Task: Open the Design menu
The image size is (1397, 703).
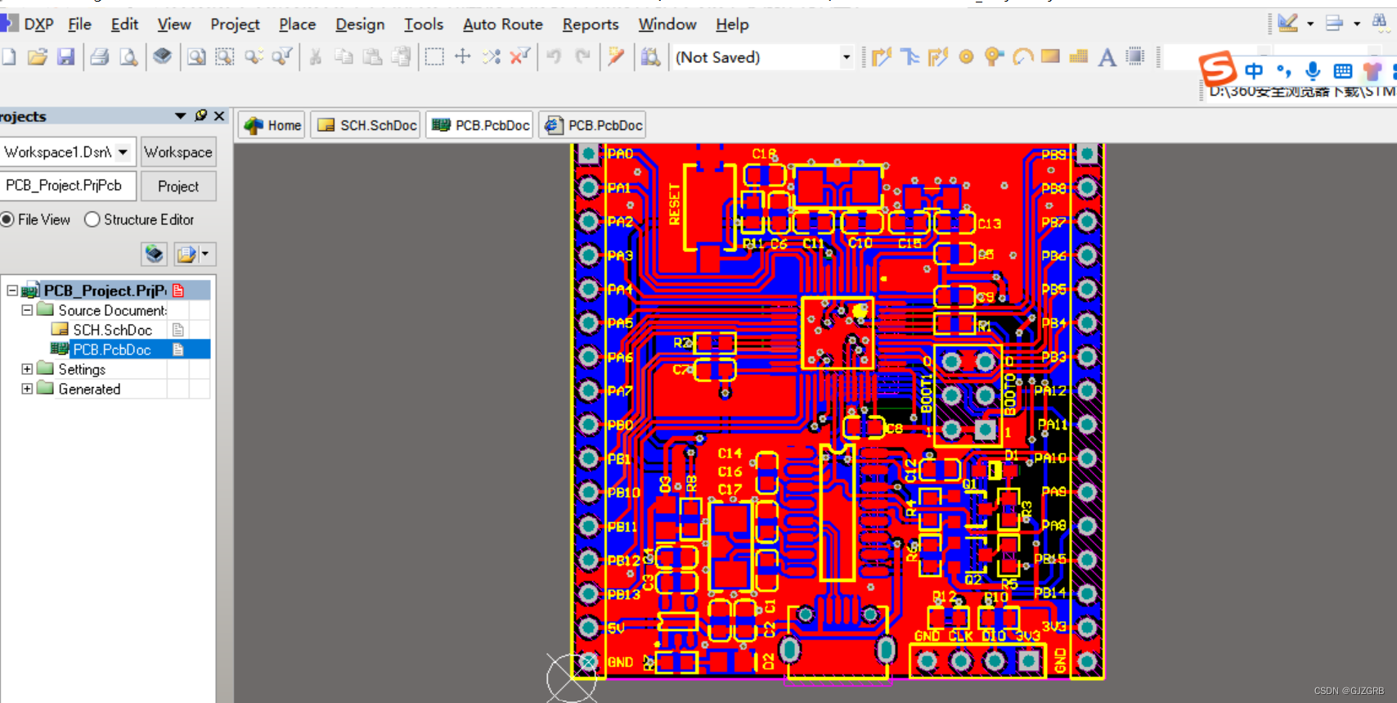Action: click(x=360, y=25)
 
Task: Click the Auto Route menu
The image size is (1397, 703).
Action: click(x=502, y=25)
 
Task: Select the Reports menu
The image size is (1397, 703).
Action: click(x=590, y=25)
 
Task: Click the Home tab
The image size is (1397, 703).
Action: click(x=273, y=125)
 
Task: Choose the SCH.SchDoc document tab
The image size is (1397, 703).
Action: click(x=367, y=125)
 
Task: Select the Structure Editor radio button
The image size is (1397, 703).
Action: click(x=92, y=219)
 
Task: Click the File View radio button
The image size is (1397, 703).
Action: click(x=7, y=219)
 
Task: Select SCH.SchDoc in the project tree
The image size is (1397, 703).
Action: click(x=112, y=330)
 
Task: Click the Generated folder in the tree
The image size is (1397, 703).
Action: click(x=89, y=390)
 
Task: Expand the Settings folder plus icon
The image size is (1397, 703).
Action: click(x=27, y=369)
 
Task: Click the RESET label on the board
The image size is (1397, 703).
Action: click(x=675, y=204)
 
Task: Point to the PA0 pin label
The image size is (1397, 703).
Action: click(x=620, y=154)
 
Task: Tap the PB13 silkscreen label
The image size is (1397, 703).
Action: click(x=623, y=594)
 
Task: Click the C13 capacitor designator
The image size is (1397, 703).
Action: click(x=989, y=223)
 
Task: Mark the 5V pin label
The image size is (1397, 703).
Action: click(x=616, y=629)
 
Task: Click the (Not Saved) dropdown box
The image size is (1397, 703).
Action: click(x=762, y=57)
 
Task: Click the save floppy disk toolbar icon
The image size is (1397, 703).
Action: click(x=66, y=56)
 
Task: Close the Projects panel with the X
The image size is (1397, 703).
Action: click(x=219, y=116)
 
